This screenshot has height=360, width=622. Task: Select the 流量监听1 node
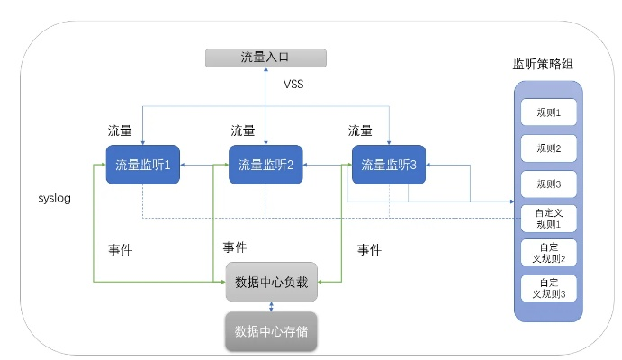[x=143, y=165]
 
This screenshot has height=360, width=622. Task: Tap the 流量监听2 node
[x=266, y=165]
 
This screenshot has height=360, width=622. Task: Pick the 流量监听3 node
[x=389, y=165]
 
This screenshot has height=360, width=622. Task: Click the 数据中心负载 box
[x=271, y=283]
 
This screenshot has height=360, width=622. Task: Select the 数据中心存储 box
[x=271, y=330]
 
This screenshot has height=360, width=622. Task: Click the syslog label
[x=54, y=197]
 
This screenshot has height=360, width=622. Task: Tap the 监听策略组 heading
[x=545, y=67]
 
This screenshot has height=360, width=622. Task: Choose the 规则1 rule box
[x=548, y=113]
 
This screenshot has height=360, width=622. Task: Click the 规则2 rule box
[x=548, y=148]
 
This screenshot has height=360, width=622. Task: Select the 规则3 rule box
[x=548, y=184]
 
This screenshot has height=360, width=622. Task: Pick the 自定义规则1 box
[x=548, y=218]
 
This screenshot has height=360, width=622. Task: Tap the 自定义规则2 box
[x=548, y=253]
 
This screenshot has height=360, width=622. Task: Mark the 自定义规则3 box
[x=548, y=288]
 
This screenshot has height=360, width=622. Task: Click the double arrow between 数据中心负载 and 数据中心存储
[x=271, y=306]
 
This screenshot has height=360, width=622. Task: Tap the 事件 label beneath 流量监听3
[x=370, y=249]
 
